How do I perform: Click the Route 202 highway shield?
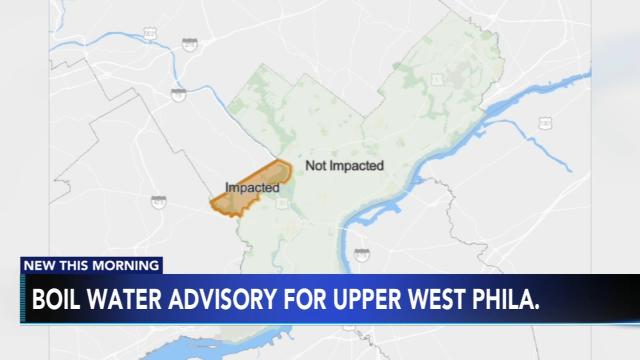click(150, 34)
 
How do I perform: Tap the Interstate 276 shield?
click(190, 45)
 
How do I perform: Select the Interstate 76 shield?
click(178, 95)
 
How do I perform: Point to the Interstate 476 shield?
click(159, 202)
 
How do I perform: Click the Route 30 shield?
click(282, 203)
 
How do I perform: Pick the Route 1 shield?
click(437, 79)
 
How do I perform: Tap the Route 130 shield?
click(545, 124)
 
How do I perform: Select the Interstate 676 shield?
click(362, 255)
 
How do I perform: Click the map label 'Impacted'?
click(252, 187)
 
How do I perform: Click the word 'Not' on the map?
click(316, 166)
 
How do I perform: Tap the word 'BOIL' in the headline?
click(56, 299)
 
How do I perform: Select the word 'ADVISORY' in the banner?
click(223, 299)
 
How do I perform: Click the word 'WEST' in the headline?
click(436, 299)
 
